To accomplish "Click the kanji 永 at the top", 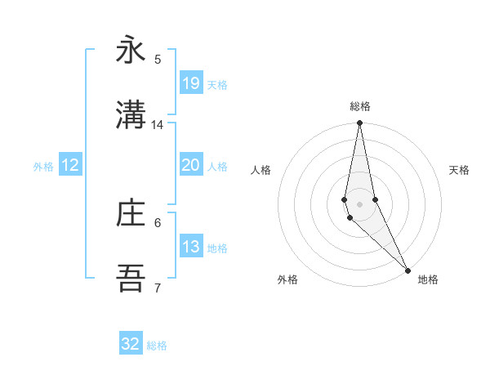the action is [131, 50].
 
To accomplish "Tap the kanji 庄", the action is [131, 213].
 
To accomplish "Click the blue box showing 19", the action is [191, 83].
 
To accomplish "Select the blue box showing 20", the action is [191, 165].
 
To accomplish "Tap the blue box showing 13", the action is [191, 247].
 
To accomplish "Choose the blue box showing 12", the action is [70, 165].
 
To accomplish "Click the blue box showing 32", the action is [131, 344].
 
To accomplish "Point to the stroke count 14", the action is [158, 125].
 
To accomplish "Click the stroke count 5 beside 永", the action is [158, 60].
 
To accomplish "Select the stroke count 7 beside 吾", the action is [158, 288].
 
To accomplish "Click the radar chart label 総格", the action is [359, 106].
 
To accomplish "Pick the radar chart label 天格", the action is [460, 170].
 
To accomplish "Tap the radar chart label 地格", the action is [428, 279].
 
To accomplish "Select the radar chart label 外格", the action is [287, 279].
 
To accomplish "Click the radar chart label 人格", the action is [261, 170].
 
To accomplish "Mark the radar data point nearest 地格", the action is [408, 270].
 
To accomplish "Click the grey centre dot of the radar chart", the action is [359, 203].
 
